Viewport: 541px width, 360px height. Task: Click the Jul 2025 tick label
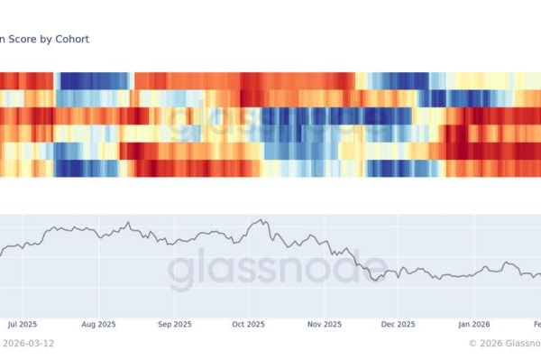click(22, 323)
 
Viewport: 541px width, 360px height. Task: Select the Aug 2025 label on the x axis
click(98, 323)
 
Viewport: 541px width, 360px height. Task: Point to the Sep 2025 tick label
click(175, 323)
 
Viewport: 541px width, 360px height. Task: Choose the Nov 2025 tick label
click(325, 323)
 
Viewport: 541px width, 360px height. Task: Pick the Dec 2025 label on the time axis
click(399, 323)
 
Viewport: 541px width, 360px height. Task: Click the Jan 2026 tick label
click(474, 323)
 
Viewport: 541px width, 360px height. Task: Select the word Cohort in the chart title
click(73, 40)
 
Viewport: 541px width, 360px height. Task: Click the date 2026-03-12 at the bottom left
click(27, 343)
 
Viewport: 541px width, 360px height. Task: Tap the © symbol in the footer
click(472, 343)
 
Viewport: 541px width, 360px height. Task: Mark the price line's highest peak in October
click(262, 219)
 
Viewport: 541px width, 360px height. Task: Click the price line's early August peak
click(129, 223)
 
